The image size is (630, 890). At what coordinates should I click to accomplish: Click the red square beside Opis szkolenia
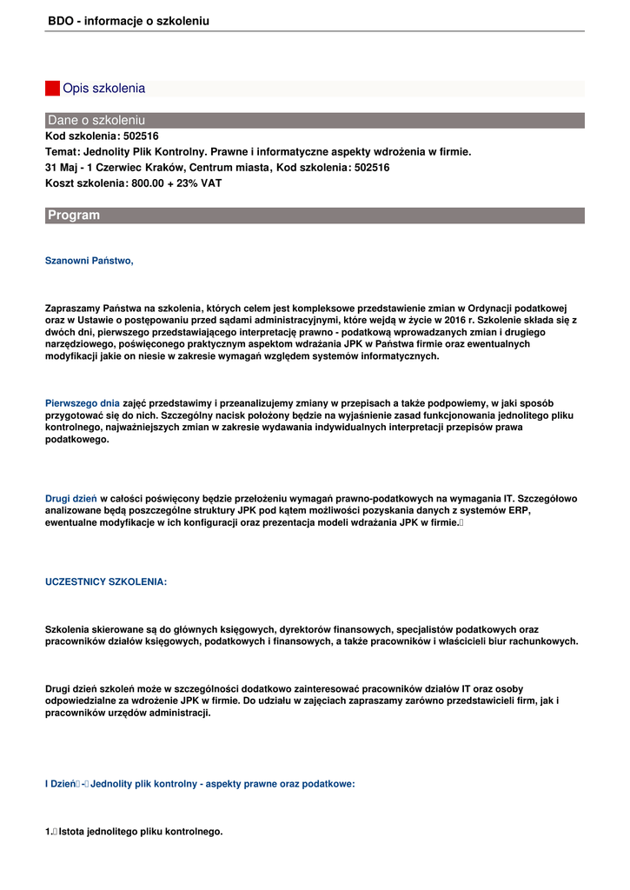(x=52, y=89)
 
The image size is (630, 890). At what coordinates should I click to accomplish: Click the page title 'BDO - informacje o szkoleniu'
(x=129, y=21)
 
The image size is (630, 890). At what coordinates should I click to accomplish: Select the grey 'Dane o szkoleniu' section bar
(x=315, y=120)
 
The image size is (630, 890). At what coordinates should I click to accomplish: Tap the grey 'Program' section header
(x=315, y=216)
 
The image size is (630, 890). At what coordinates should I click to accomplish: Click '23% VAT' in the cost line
(x=201, y=183)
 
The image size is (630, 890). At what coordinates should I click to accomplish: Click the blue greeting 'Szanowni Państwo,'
(x=90, y=261)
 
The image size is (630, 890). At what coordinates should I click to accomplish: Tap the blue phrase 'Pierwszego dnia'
(x=83, y=403)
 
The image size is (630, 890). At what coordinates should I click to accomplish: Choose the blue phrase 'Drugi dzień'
(x=71, y=499)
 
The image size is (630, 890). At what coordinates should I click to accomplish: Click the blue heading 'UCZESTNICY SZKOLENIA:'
(x=106, y=582)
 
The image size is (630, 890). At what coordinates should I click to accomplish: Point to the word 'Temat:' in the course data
(x=63, y=152)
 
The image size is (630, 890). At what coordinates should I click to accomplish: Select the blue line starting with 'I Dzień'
(x=200, y=784)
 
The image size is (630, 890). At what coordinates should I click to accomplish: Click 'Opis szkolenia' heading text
(x=104, y=89)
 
